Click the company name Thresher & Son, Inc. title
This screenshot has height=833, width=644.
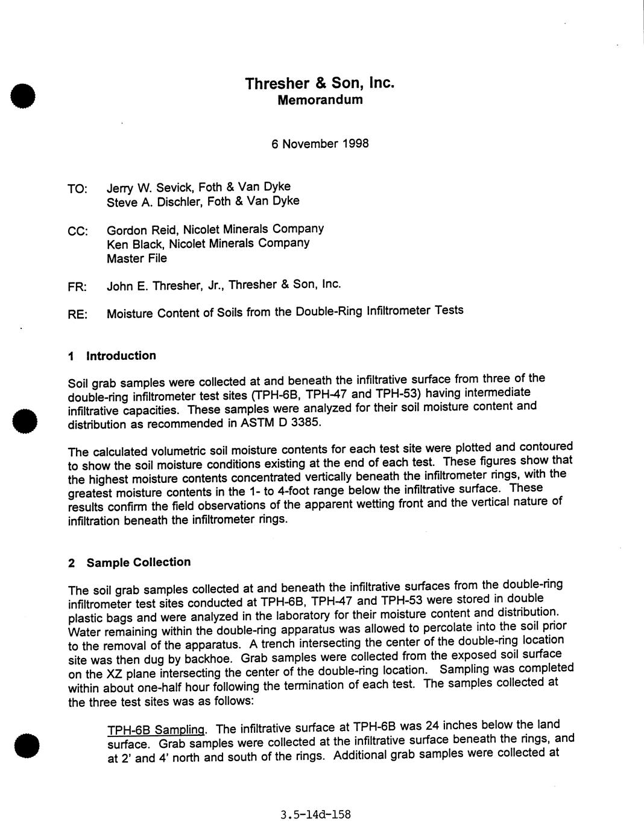coord(320,83)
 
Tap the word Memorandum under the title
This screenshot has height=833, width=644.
coord(320,100)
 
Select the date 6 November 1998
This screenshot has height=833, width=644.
coord(320,144)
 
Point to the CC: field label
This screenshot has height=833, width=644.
coord(78,231)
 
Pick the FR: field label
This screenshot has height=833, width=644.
coord(78,287)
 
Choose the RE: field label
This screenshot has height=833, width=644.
coord(78,314)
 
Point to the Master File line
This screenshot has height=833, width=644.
coord(137,258)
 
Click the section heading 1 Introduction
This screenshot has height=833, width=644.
coord(112,356)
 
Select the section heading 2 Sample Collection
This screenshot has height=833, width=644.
coord(130,563)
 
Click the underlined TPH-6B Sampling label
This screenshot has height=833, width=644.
coord(157,730)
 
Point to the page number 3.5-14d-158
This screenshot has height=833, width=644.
coord(315,815)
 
